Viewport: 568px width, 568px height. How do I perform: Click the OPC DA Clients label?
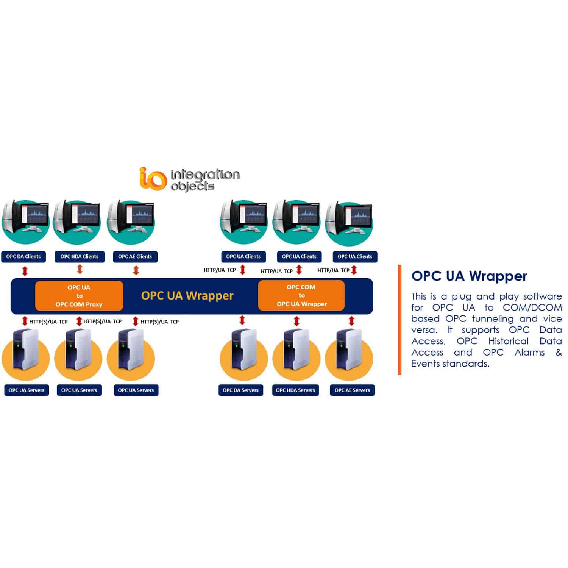coord(23,257)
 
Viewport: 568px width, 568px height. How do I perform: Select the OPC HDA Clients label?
coord(79,257)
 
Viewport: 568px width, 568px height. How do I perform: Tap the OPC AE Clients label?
coord(135,257)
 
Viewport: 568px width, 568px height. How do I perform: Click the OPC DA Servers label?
coord(240,390)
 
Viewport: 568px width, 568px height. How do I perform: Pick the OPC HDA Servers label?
coord(295,390)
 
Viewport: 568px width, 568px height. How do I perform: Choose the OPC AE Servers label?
coord(352,390)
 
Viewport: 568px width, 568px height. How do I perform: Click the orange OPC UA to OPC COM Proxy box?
coord(79,296)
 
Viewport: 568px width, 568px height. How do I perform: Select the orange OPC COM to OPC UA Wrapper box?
coord(301,295)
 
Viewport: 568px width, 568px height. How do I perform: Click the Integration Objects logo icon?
coord(152,178)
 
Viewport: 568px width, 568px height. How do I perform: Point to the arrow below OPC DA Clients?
coord(25,271)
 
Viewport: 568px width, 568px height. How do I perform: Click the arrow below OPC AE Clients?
coord(136,270)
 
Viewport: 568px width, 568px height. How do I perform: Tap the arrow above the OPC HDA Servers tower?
coord(296,321)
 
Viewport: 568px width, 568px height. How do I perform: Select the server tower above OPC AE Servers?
coord(348,349)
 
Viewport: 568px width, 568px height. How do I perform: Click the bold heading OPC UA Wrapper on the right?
coord(469,276)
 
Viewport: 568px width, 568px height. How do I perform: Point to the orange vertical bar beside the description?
coord(399,320)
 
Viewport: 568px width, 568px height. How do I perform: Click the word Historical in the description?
coord(508,341)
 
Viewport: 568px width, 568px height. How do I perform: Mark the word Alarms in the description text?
coord(529,353)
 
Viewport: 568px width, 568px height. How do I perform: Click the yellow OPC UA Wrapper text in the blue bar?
coord(187,296)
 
